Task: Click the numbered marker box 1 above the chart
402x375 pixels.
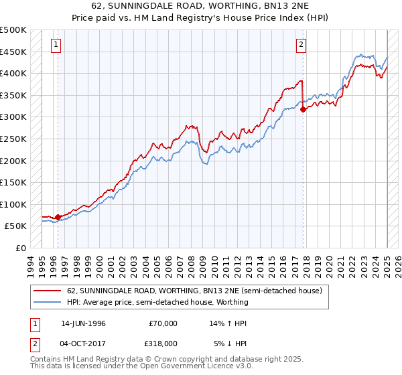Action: point(54,45)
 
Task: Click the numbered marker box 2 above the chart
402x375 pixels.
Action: point(301,45)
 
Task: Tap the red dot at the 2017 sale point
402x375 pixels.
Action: point(304,110)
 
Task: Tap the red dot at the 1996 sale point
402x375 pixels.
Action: point(58,217)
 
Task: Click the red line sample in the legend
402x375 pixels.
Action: point(48,291)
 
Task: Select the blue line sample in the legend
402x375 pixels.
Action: point(48,302)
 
